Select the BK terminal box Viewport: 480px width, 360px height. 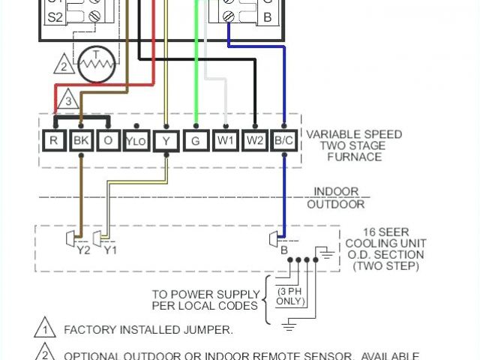(80, 139)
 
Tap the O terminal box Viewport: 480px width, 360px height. (108, 139)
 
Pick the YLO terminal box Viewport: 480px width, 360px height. (136, 140)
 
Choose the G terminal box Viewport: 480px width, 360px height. (196, 139)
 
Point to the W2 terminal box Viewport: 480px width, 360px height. (255, 139)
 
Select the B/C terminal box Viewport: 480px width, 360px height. (283, 139)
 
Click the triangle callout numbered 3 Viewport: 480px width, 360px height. (68, 100)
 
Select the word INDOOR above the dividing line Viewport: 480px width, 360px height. (336, 192)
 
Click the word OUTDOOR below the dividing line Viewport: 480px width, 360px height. (336, 204)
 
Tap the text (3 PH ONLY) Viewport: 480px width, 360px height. (292, 296)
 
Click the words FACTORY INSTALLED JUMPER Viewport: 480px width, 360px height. (148, 329)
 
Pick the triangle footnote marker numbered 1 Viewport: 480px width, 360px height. (45, 328)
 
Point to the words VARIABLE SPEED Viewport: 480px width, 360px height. (354, 134)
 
